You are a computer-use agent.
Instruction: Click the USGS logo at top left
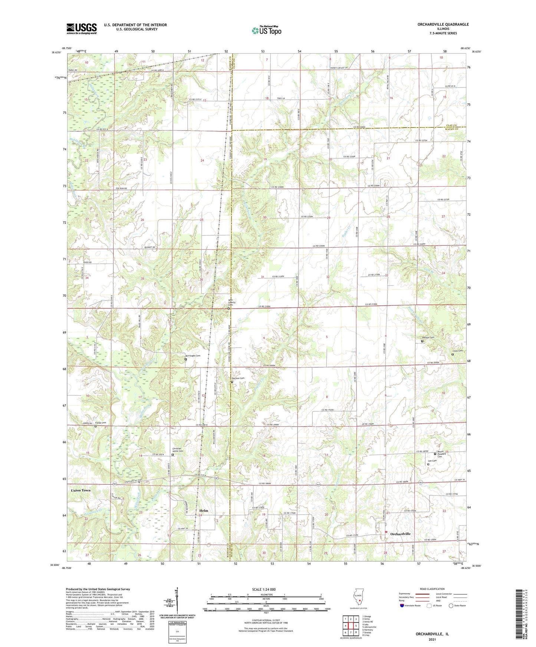tap(82, 29)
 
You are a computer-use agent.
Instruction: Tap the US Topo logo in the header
tap(266, 30)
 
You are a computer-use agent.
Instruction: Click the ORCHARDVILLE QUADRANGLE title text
tap(438, 24)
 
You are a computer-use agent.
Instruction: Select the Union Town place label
tap(80, 490)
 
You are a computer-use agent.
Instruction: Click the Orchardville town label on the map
tap(400, 534)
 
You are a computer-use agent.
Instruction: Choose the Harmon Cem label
tap(238, 378)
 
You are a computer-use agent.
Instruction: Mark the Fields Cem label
tap(101, 423)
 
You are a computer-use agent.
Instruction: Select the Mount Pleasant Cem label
tap(440, 454)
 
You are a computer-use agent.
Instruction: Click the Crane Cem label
tap(457, 351)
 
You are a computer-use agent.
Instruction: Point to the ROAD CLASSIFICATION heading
tap(432, 589)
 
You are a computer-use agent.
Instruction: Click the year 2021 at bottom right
tap(432, 639)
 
